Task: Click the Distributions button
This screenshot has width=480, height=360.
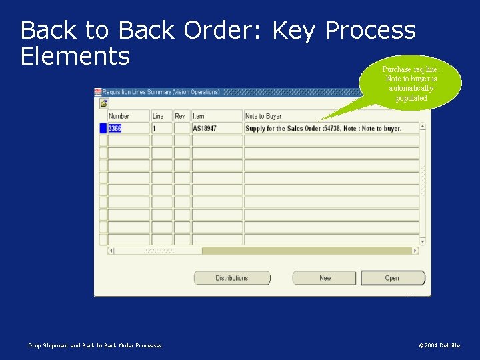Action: [232, 278]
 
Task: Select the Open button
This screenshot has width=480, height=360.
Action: [392, 278]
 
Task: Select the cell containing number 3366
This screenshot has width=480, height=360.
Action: [127, 128]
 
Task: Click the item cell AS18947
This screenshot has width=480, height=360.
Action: [217, 128]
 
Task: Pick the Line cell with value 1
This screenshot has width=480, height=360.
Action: [161, 128]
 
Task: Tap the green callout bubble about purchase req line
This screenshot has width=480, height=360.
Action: [410, 83]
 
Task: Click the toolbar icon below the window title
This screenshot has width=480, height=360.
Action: [105, 103]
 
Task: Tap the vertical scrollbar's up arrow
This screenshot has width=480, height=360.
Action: [422, 126]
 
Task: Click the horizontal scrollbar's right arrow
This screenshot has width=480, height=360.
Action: [415, 251]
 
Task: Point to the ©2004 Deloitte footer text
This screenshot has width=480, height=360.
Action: [439, 345]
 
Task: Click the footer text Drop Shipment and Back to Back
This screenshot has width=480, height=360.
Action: [95, 345]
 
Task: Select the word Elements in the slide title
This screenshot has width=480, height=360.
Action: [75, 56]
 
